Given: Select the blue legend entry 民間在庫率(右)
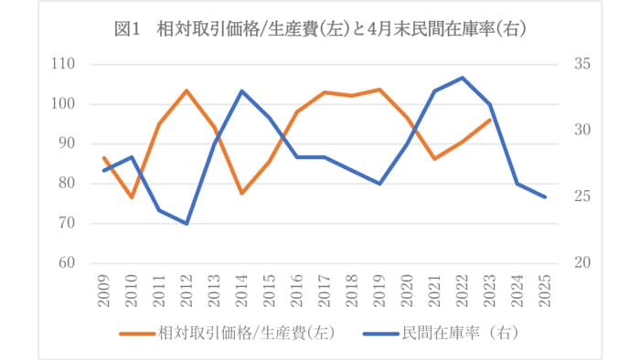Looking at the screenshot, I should point(448,334).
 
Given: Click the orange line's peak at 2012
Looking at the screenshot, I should point(187,90).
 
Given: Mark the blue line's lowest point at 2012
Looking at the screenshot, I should point(187,223).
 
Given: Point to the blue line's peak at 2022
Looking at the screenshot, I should point(463,78).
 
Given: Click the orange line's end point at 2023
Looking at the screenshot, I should point(490,120).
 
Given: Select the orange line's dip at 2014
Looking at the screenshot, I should point(241,193).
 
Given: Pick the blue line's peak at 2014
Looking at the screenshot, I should point(241,90).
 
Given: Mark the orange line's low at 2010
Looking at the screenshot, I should point(131,197).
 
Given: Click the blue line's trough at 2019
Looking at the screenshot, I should point(379,184).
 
